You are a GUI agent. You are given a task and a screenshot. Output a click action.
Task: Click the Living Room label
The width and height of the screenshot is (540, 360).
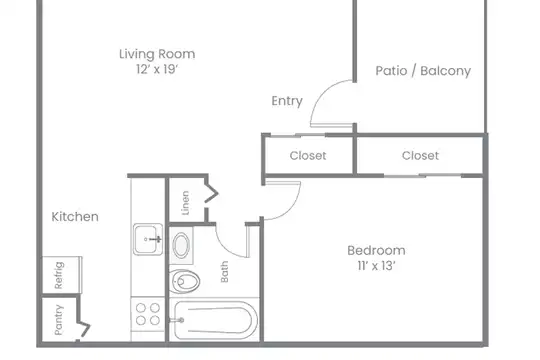[x=157, y=54]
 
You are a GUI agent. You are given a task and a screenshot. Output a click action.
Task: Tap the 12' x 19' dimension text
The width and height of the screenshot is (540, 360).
[x=157, y=69]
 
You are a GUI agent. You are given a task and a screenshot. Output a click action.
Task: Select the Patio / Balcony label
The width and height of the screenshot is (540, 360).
[x=423, y=71]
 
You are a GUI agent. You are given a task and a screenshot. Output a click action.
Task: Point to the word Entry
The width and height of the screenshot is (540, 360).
[x=287, y=101]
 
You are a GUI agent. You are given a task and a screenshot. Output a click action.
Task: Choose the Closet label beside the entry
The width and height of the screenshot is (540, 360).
[x=308, y=156]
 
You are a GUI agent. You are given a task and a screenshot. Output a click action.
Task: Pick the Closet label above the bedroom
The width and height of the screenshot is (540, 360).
[x=420, y=156]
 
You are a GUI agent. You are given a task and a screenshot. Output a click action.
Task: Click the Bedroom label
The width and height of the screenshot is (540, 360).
[x=376, y=250]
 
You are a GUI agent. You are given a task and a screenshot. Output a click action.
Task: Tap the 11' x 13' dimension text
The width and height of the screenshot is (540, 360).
[x=376, y=266]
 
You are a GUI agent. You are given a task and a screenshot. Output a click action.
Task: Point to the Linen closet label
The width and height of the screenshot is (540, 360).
[x=185, y=203]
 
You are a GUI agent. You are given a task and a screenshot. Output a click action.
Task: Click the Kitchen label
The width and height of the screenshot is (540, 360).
[x=75, y=217]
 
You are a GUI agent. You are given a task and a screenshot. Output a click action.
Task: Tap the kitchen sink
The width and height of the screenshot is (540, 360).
[x=148, y=239]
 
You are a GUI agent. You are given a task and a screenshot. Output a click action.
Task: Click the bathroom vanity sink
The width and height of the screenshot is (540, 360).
[x=181, y=245]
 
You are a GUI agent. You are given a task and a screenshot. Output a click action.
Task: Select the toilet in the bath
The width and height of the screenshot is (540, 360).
[x=185, y=281]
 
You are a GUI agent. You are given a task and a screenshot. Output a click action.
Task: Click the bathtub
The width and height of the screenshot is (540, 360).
[x=214, y=320]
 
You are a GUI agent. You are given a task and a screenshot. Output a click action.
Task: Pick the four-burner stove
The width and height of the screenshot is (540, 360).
[x=148, y=314]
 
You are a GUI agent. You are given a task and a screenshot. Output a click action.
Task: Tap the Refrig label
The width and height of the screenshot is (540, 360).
[x=59, y=275]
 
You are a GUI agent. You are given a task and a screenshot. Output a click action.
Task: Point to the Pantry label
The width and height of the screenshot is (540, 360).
[x=59, y=320]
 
